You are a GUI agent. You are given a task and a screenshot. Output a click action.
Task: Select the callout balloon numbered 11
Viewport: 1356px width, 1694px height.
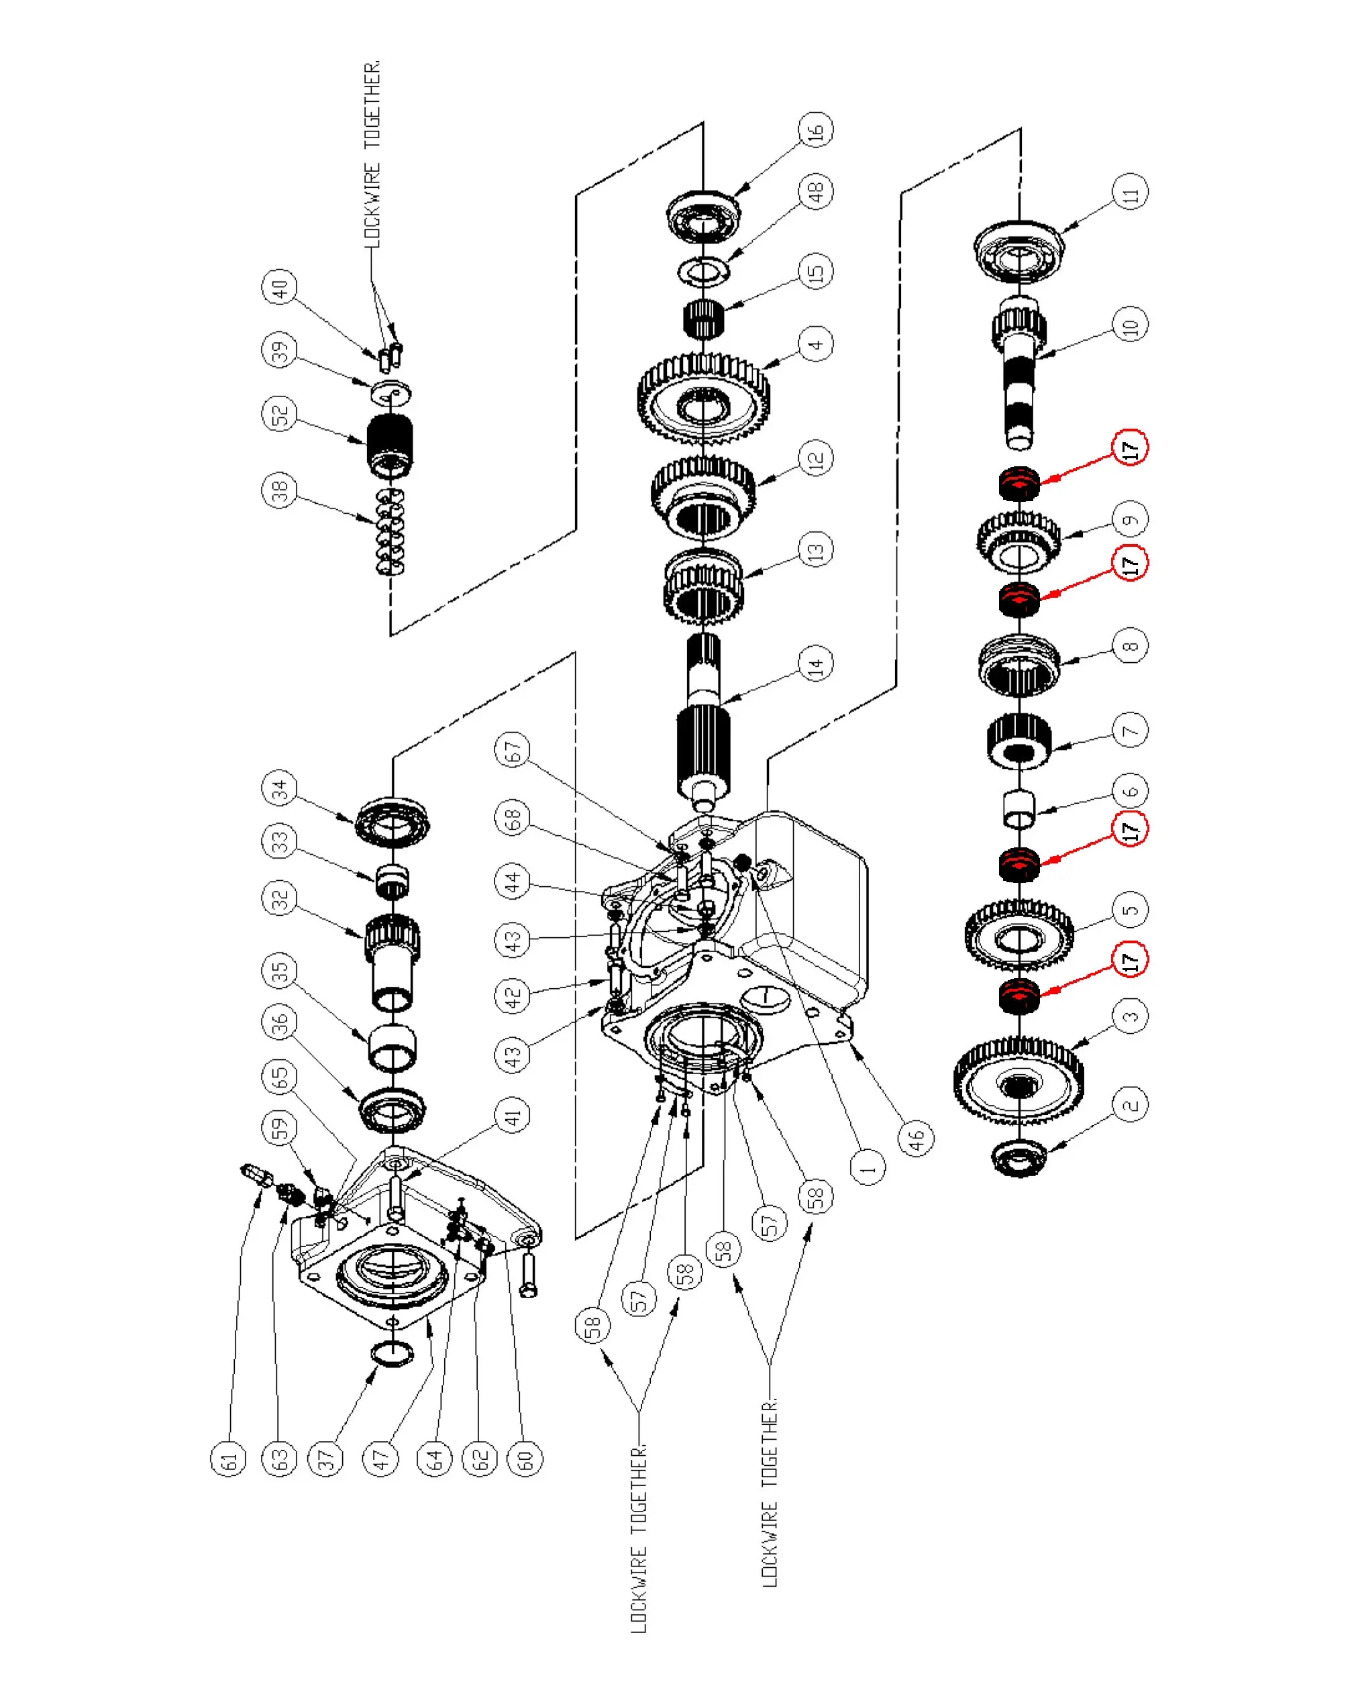point(1130,192)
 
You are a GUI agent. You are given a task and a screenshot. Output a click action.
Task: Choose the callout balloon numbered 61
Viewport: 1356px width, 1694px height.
point(229,1459)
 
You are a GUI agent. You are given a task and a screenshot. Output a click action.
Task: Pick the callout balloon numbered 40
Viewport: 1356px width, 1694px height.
point(280,286)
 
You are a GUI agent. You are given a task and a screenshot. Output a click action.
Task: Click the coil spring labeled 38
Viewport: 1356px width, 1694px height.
point(390,531)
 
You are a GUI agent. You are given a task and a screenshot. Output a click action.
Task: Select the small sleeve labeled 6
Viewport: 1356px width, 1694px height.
point(1019,808)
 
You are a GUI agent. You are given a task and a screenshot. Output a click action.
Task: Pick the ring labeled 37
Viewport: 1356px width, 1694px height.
point(391,1354)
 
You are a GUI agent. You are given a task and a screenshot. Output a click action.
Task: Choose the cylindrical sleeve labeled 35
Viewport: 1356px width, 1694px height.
point(392,1047)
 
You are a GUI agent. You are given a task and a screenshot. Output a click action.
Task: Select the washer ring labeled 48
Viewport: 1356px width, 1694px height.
point(703,271)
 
